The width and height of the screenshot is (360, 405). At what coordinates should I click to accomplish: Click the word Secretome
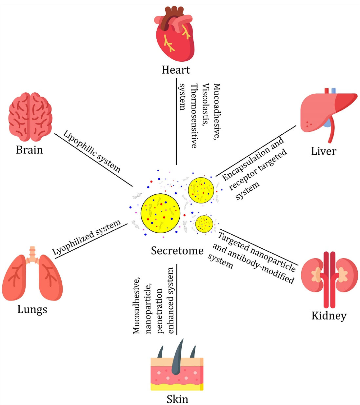pos(177,251)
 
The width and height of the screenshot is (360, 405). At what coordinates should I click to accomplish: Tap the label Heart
pos(176,70)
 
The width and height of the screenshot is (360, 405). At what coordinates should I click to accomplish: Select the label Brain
pos(30,150)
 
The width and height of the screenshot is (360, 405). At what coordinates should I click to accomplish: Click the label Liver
pos(323,151)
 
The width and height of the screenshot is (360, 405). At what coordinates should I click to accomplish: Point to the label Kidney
pos(329,316)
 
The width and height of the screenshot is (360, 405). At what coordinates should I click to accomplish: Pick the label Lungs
pos(32,309)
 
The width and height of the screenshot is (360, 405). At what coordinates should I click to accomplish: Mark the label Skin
pos(177,399)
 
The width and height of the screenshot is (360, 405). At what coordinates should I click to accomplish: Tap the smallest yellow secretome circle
pos(204,224)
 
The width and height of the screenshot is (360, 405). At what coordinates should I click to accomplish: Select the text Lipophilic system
pos(91,151)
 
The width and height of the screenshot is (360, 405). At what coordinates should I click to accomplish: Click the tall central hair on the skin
pos(177,356)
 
